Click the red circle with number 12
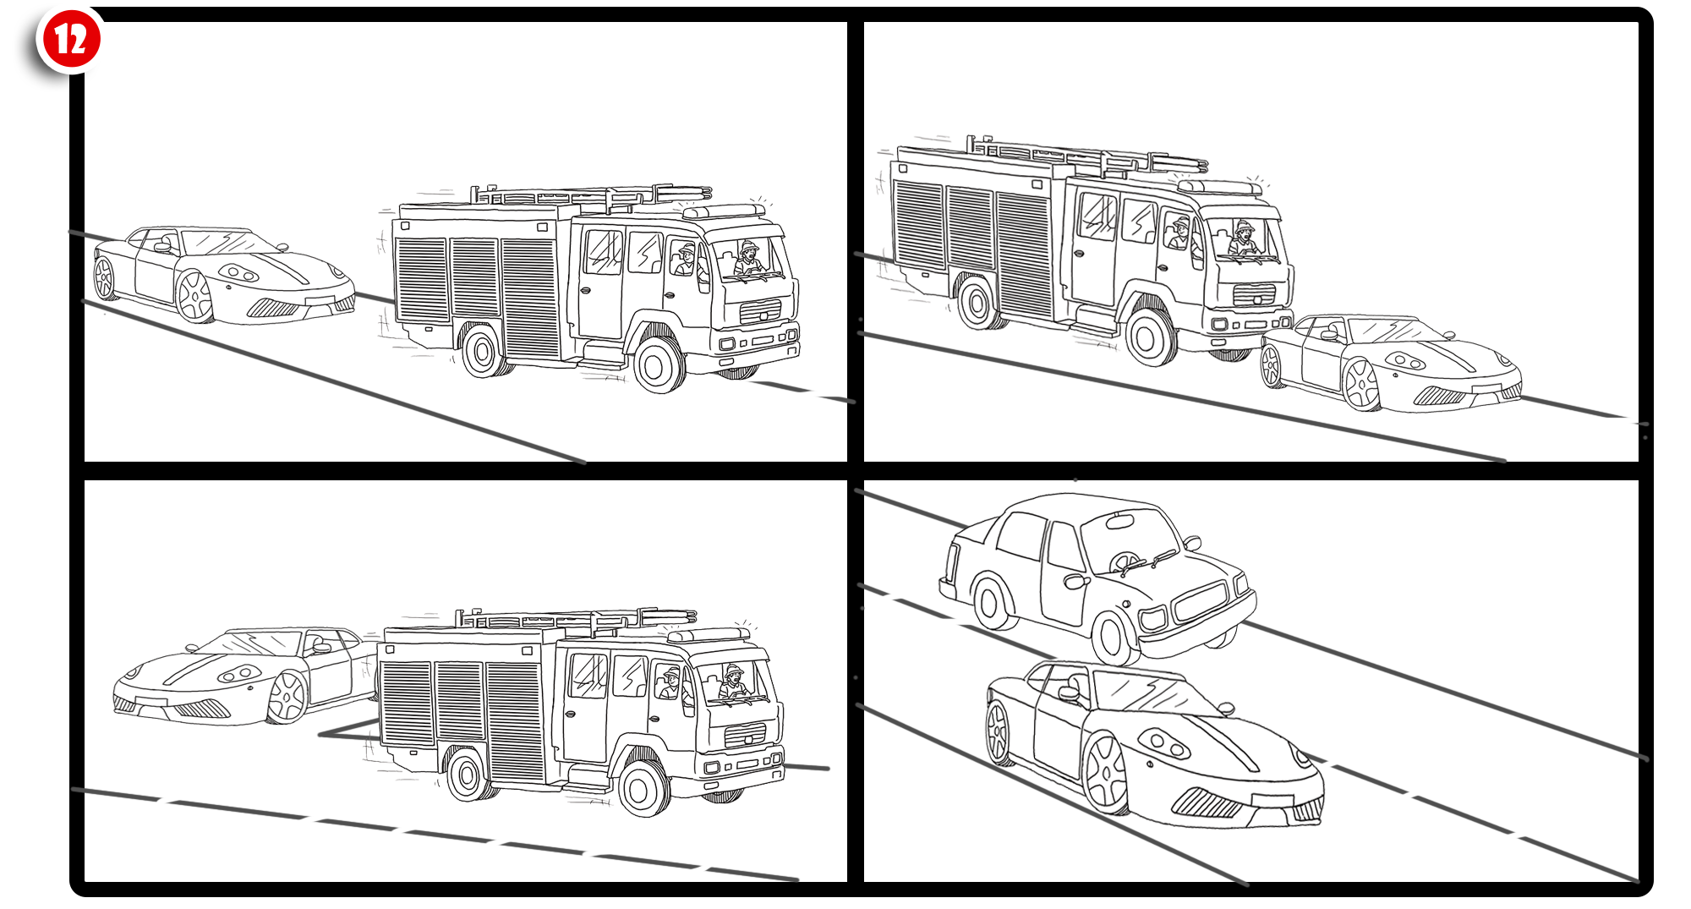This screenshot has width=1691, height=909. [71, 40]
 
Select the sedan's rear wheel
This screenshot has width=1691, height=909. [992, 603]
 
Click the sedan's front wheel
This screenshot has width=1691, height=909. [1114, 638]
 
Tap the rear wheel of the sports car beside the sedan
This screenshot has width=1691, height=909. [999, 732]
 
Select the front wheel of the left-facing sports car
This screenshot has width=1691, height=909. [287, 697]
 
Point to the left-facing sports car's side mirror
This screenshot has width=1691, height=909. [321, 648]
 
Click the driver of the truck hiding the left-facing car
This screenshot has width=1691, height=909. [733, 682]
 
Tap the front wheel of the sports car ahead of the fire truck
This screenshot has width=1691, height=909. [1361, 385]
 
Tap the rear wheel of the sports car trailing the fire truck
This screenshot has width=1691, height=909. [105, 278]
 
